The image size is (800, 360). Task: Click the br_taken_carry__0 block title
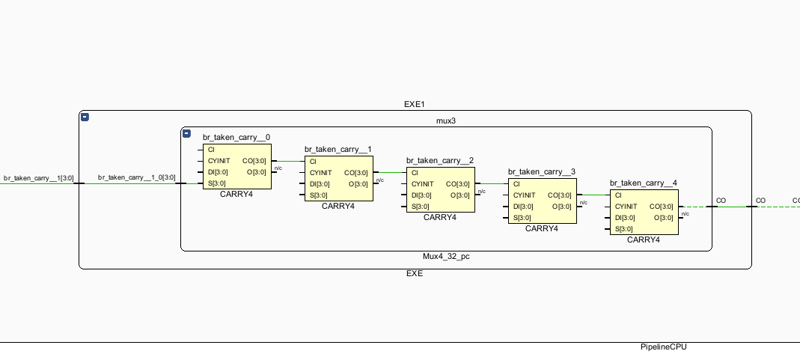236,137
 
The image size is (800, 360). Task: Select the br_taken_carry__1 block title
338,149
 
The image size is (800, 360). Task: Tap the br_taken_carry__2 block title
440,160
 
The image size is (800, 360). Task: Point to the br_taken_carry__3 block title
542,171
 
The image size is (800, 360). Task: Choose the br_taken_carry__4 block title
644,183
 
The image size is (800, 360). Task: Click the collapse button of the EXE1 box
85,118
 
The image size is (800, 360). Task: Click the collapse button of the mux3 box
187,133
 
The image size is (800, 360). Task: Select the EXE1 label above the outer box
415,104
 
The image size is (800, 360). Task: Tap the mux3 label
446,120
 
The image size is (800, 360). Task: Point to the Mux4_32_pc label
446,256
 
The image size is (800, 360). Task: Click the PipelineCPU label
663,347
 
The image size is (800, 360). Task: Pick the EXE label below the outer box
415,273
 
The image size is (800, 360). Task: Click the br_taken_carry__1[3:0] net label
38,178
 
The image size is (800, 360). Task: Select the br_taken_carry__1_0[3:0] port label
136,178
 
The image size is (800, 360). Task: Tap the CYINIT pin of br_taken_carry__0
219,160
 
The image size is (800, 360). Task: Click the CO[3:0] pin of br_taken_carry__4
662,207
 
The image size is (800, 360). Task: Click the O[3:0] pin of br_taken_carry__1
358,184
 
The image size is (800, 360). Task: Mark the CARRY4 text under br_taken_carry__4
644,240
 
